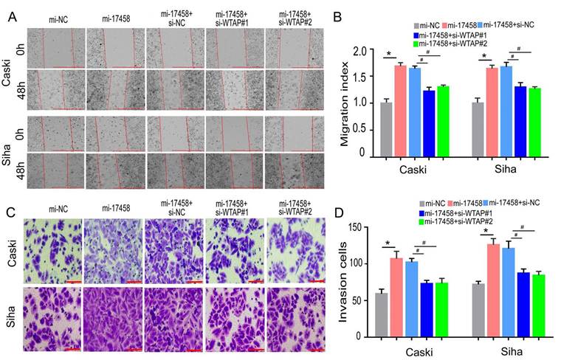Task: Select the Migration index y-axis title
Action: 344,103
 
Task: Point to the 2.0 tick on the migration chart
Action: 359,51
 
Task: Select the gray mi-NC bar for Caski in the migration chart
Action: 385,129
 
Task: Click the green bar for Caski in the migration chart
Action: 443,122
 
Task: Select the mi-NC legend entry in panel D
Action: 433,203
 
